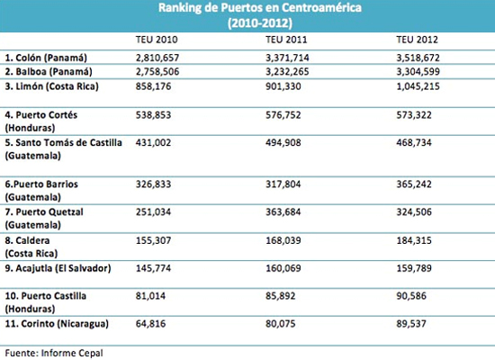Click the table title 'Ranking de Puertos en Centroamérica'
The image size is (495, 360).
(260, 7)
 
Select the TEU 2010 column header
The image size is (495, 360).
(157, 40)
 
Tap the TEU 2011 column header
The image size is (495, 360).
(286, 40)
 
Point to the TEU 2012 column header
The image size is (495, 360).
(417, 40)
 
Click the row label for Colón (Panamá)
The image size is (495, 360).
(46, 58)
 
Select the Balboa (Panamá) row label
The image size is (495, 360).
(49, 72)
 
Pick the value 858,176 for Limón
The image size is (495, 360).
(153, 86)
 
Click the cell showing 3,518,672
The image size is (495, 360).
(418, 58)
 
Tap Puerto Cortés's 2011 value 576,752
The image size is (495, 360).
(283, 115)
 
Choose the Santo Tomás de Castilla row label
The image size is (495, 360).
(63, 149)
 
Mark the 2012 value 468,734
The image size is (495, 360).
(414, 143)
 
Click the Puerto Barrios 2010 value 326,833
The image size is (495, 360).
(153, 184)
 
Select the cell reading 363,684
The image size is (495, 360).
(283, 212)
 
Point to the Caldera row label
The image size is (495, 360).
(31, 247)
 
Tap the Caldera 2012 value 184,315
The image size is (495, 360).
(414, 240)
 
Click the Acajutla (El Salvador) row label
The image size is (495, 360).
(58, 269)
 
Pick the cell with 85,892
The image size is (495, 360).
(280, 296)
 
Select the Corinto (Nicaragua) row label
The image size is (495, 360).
(57, 324)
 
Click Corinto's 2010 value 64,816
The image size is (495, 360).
(150, 324)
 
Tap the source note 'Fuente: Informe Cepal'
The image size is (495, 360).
(54, 354)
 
